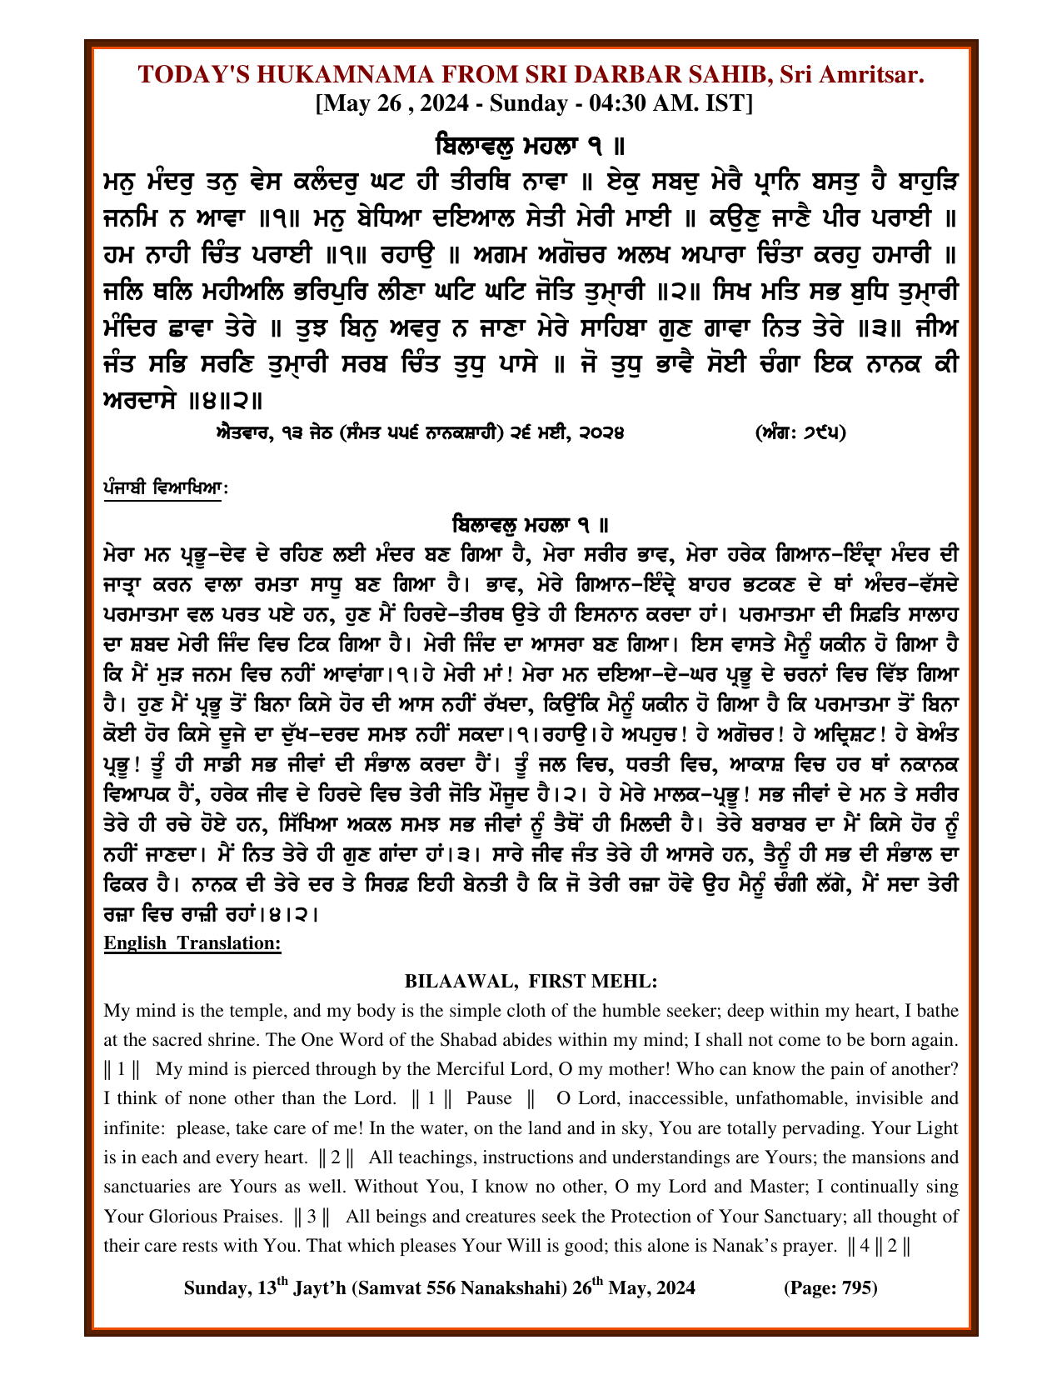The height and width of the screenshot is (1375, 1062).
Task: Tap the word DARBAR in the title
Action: (x=636, y=75)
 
